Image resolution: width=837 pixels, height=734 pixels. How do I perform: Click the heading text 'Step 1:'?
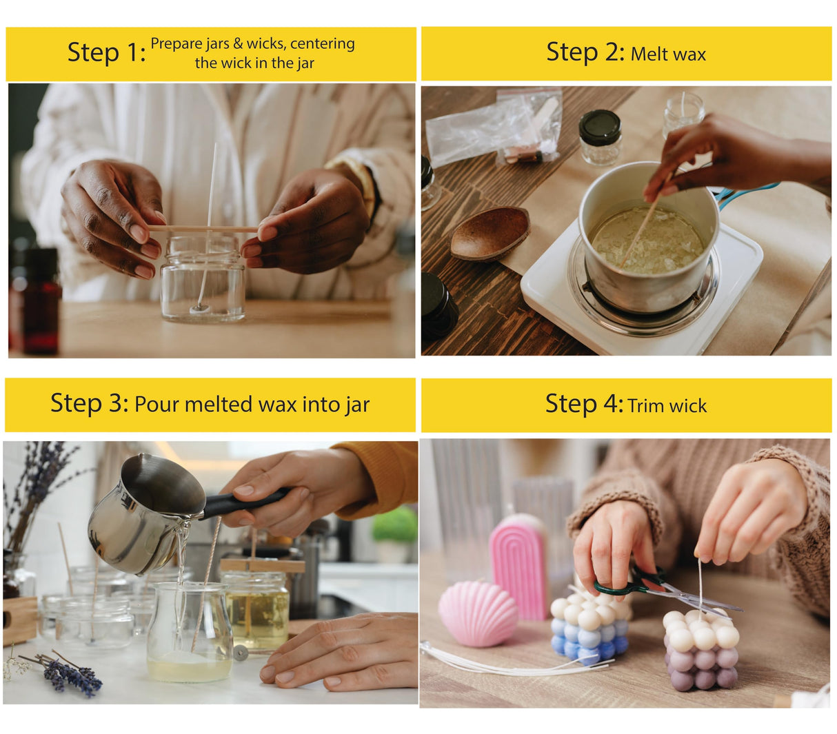click(x=106, y=52)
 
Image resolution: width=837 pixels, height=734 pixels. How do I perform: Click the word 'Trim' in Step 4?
click(x=646, y=406)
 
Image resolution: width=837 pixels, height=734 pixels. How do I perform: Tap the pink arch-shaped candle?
click(x=519, y=566)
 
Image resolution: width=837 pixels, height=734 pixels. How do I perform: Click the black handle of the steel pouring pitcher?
click(x=244, y=502)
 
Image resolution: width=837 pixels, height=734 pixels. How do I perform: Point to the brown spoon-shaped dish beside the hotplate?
click(x=490, y=233)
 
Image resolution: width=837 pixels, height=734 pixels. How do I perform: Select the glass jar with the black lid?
click(x=600, y=137)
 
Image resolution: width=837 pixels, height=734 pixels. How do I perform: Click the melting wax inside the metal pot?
click(x=647, y=240)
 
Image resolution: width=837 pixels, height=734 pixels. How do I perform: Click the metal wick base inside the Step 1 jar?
click(x=200, y=307)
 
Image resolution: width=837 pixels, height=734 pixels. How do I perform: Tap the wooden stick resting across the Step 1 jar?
click(x=203, y=228)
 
